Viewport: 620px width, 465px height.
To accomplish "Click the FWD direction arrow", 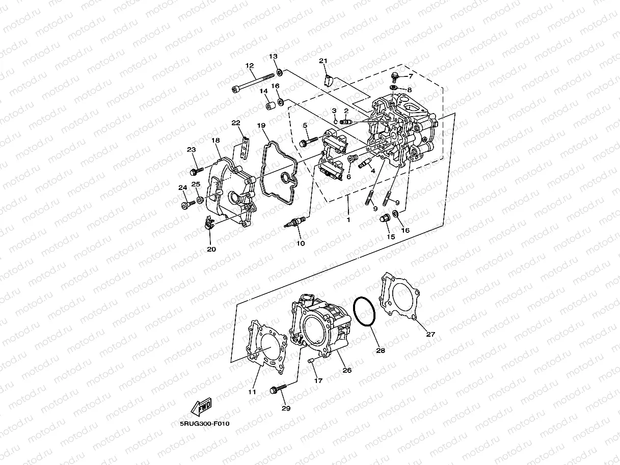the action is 201,407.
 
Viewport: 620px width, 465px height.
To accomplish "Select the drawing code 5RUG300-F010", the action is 201,423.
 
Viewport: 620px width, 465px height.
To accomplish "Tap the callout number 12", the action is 250,66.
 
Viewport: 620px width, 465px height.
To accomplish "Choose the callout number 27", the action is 430,335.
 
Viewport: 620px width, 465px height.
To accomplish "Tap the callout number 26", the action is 347,370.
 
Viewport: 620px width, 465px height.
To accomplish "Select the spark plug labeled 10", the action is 295,223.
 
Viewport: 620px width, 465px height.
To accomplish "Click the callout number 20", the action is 211,249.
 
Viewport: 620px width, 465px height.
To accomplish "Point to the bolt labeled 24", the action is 187,205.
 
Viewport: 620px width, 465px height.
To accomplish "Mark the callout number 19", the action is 261,125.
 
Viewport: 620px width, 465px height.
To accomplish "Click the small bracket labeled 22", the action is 245,147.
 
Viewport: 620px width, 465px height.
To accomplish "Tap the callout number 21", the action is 323,61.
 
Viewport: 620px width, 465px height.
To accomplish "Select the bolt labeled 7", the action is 395,77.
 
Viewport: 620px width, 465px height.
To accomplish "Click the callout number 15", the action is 391,237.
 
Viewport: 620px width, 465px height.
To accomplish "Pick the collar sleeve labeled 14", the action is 270,106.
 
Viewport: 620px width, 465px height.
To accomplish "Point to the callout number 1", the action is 348,220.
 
